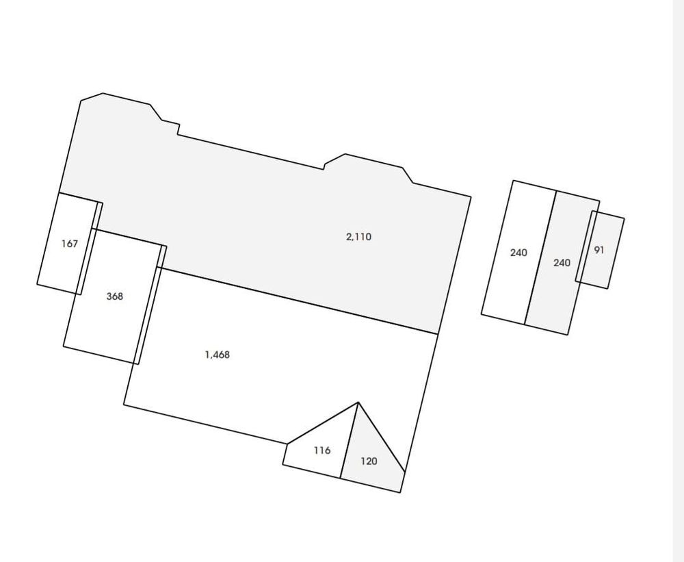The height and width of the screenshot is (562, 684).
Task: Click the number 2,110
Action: click(358, 237)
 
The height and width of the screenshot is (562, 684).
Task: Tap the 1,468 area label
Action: click(217, 355)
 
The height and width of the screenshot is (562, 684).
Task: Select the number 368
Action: click(115, 296)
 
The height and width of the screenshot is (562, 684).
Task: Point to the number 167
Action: click(70, 243)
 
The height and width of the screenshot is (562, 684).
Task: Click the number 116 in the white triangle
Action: click(321, 450)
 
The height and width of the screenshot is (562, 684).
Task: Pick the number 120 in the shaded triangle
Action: click(369, 461)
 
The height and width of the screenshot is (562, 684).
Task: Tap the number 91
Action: click(599, 250)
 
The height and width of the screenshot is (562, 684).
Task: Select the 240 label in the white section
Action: click(518, 253)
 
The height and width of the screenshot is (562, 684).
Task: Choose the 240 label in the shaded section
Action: click(562, 262)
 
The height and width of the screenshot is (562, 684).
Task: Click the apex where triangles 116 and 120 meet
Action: click(358, 403)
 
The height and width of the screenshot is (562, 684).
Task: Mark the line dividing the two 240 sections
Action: click(540, 257)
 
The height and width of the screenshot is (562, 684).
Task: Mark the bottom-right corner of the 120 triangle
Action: click(400, 492)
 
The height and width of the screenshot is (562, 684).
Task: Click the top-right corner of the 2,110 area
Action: click(471, 197)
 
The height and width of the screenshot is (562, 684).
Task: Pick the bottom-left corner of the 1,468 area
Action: click(124, 405)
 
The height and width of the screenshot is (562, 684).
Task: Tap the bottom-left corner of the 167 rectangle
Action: click(37, 283)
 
